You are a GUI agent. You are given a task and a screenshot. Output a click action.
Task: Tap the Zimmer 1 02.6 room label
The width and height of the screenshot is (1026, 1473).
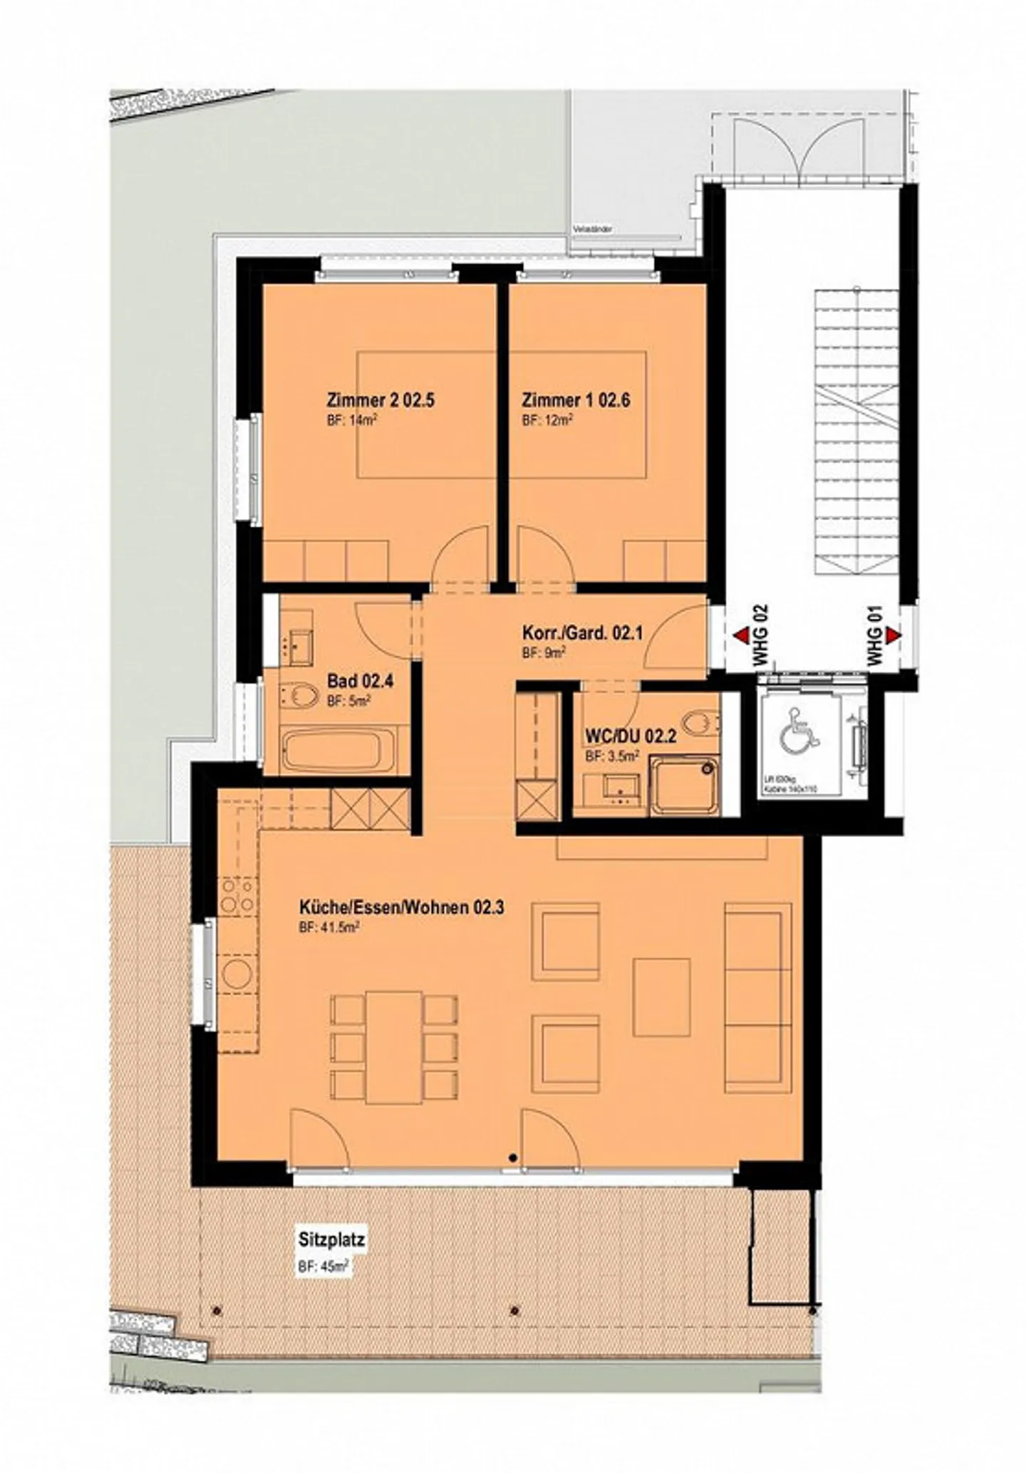coord(576,400)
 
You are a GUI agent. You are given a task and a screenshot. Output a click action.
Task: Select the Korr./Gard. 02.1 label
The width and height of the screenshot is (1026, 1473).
coord(582,633)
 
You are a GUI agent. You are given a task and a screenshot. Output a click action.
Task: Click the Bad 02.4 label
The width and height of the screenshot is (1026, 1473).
coord(360,681)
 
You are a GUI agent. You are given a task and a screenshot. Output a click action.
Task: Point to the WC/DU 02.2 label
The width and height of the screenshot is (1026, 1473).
coord(630,736)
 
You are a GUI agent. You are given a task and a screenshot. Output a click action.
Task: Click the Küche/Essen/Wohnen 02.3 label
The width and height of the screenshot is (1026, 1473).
coord(401,907)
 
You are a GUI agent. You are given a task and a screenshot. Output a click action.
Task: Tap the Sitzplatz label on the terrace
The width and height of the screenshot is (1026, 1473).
coord(331,1239)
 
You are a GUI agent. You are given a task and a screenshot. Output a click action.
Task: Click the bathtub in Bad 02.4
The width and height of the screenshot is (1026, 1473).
coord(339,749)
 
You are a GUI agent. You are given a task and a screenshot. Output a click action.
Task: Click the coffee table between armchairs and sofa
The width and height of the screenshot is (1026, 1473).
coord(662,997)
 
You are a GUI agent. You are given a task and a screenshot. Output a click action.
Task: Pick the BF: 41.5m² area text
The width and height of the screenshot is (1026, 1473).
coord(328,927)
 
